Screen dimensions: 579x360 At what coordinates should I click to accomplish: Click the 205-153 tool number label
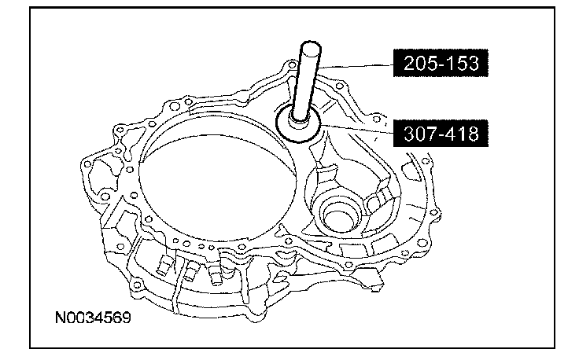[x=441, y=63]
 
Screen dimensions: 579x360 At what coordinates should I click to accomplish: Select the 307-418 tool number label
[x=441, y=133]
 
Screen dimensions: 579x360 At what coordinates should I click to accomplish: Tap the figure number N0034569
[x=93, y=318]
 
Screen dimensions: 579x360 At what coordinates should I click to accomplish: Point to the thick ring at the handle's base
[x=297, y=138]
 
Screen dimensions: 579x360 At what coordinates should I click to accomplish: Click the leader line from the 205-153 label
[x=355, y=66]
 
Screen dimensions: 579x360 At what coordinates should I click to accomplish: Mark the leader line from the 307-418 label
[x=357, y=130]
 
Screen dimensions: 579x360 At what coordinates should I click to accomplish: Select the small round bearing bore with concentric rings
[x=340, y=216]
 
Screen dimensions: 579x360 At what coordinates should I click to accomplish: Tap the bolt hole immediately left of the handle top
[x=292, y=66]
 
